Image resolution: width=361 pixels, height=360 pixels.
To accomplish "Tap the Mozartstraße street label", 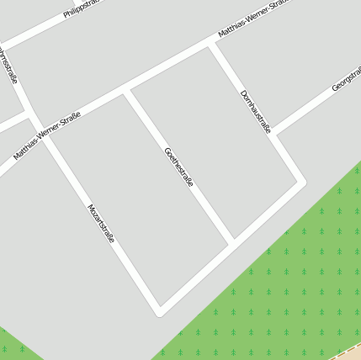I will pos(101,223).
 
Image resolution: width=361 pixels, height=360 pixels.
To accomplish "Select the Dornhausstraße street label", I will pos(255,111).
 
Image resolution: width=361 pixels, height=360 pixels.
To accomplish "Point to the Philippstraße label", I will pos(82,8).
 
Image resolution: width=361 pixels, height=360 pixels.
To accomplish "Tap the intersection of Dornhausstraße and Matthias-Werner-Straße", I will pos(211,44).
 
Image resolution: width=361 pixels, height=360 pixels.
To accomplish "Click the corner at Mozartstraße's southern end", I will pos(159,310).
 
